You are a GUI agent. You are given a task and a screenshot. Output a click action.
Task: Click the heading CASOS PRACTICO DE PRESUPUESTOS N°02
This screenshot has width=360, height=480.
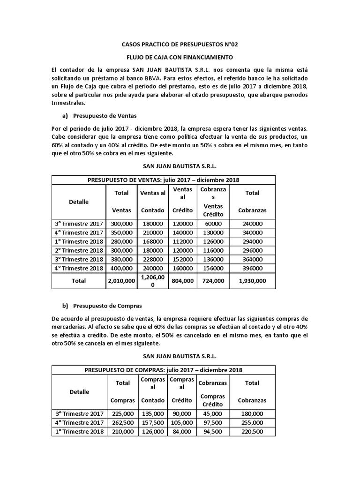click(180, 45)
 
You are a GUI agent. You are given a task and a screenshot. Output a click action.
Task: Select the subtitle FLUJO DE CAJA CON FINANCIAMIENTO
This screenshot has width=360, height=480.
click(180, 58)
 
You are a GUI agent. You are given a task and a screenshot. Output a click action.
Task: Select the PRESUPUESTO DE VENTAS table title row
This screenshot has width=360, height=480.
click(164, 180)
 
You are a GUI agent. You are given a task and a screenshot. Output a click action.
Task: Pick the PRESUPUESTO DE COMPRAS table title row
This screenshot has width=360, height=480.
click(164, 370)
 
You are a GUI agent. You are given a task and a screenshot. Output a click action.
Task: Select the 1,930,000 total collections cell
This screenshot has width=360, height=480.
click(252, 281)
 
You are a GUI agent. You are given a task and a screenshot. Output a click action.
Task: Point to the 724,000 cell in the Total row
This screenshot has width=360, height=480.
click(213, 281)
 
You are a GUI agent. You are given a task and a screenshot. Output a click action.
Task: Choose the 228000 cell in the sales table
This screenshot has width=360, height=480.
click(153, 259)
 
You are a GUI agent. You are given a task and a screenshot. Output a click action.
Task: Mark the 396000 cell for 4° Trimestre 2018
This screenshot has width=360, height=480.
click(252, 268)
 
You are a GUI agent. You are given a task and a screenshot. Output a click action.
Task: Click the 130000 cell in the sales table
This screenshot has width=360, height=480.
click(213, 232)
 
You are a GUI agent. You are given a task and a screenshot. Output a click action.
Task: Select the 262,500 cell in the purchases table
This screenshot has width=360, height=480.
click(122, 422)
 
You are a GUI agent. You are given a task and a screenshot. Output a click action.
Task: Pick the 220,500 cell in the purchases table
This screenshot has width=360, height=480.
click(252, 431)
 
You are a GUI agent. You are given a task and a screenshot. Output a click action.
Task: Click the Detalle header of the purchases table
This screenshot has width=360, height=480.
click(79, 391)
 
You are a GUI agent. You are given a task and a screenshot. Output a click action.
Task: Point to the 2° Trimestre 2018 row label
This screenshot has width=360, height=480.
click(79, 250)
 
